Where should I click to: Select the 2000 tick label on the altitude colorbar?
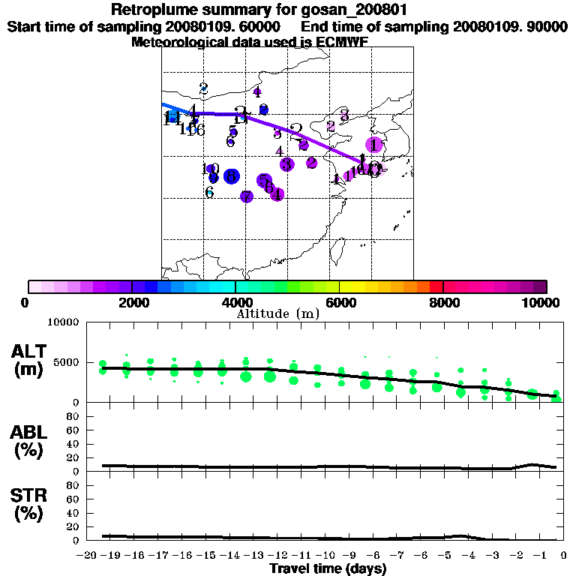(131, 302)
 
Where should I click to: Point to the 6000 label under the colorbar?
(340, 302)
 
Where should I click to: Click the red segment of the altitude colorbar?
(436, 286)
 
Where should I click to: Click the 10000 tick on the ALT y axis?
(64, 322)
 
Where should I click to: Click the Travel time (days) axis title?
(327, 568)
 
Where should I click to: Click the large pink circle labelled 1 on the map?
(374, 145)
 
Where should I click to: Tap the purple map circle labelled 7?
(247, 196)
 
